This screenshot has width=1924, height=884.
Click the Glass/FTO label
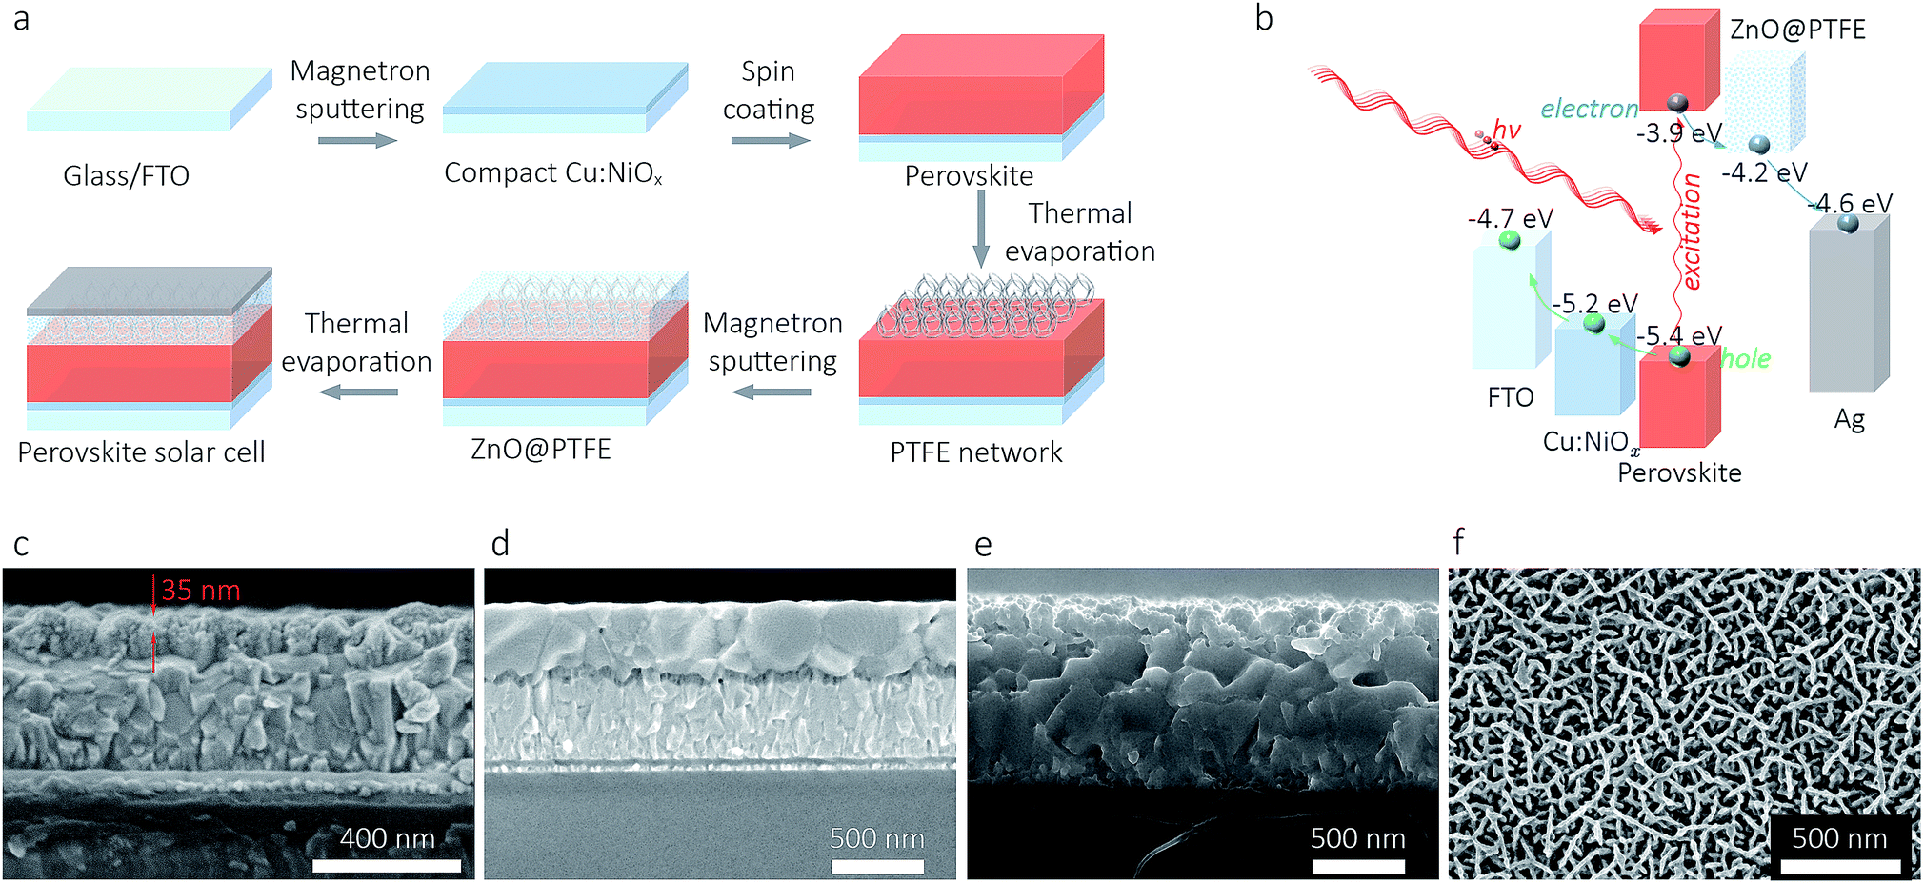click(126, 176)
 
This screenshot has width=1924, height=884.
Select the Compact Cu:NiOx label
click(552, 173)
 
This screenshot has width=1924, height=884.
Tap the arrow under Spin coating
click(770, 141)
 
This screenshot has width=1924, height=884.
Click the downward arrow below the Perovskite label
click(980, 229)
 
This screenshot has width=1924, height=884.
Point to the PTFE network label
click(975, 452)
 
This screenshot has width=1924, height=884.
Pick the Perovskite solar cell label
click(141, 452)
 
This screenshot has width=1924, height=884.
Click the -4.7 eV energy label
click(1510, 218)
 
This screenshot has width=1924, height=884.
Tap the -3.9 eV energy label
click(1678, 133)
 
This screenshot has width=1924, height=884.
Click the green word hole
click(1745, 359)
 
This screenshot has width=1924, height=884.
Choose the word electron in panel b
click(1589, 109)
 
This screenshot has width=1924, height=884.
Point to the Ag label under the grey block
click(1849, 419)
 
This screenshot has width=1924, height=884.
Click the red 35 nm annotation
click(200, 591)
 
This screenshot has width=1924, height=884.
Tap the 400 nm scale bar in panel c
click(387, 866)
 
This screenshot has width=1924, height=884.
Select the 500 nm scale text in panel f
click(1839, 838)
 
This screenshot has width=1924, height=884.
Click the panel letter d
click(500, 544)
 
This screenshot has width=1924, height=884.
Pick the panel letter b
click(1264, 18)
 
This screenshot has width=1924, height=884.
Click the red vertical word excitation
click(1691, 231)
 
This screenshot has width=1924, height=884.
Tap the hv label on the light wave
click(1507, 130)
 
